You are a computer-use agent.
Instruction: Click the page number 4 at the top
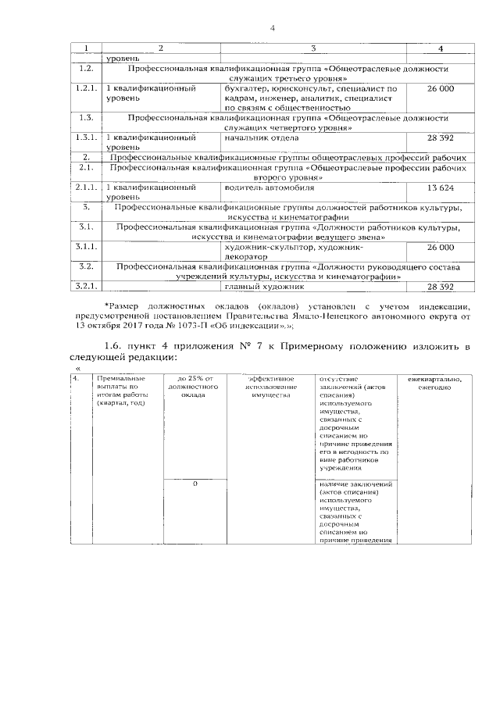[273, 29]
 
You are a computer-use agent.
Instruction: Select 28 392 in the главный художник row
[441, 287]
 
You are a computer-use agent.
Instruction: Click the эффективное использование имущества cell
[270, 387]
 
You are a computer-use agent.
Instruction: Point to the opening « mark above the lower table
[77, 369]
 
